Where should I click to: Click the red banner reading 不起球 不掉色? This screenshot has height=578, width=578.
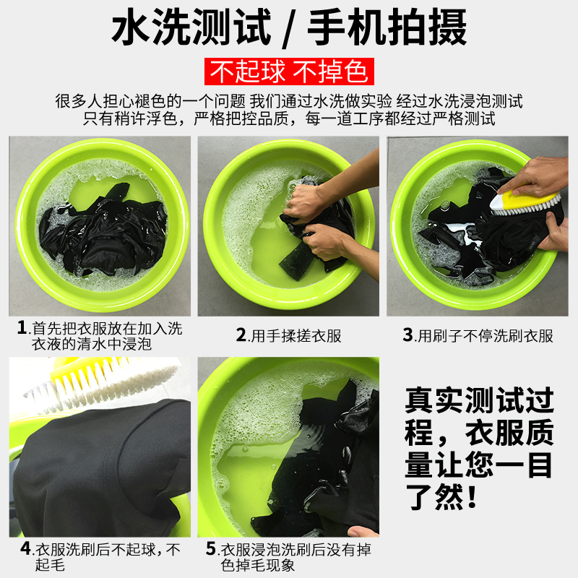289,72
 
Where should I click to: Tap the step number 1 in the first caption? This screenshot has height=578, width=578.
22,328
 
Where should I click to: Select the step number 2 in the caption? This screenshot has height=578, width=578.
241,335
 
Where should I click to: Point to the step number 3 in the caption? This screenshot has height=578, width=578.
407,335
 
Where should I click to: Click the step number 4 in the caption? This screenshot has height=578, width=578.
25,548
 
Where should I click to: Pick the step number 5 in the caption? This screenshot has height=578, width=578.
211,548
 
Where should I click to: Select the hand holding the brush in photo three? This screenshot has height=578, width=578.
535,176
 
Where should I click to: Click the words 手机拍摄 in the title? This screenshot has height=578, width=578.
387,27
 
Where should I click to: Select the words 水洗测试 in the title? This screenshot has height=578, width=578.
191,27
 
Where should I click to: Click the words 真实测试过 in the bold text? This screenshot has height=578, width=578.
479,400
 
